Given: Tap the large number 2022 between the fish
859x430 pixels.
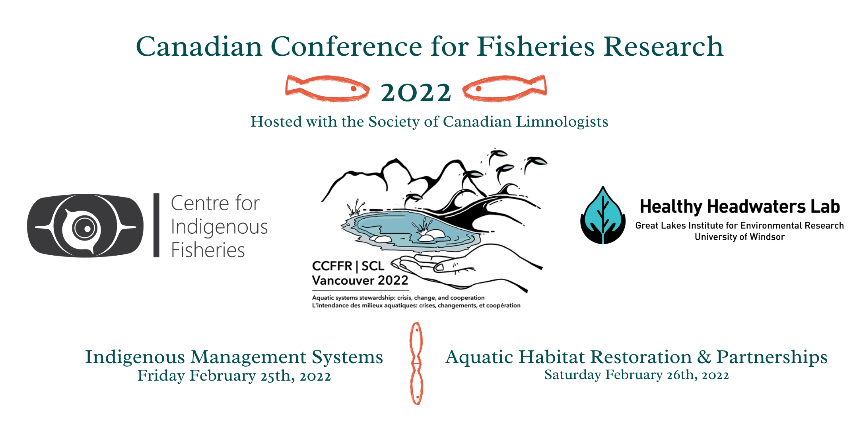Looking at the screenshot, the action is click(x=416, y=92).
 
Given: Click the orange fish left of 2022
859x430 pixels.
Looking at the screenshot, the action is click(x=327, y=88).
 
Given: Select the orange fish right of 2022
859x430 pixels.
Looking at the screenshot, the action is click(x=505, y=88).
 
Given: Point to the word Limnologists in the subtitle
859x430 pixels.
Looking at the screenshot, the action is click(x=562, y=122).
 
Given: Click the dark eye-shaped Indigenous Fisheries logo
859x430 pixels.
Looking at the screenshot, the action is click(x=85, y=225).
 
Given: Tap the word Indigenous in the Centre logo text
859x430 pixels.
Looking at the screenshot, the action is click(x=219, y=227).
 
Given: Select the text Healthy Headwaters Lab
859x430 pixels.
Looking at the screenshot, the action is click(x=740, y=207).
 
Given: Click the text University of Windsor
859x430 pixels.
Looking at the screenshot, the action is click(x=740, y=237).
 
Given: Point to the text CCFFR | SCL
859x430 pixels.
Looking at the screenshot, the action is click(x=348, y=266).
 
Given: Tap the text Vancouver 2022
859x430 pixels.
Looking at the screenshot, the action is click(x=360, y=280).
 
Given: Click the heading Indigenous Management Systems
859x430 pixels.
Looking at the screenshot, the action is click(x=234, y=357).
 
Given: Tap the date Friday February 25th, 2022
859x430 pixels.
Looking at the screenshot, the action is click(x=234, y=376).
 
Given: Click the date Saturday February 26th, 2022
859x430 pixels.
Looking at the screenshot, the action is click(x=636, y=375).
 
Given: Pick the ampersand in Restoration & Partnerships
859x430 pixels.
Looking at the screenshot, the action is click(x=704, y=357).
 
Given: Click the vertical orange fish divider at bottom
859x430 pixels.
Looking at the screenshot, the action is click(x=416, y=364).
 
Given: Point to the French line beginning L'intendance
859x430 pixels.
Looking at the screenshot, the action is click(x=416, y=305).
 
